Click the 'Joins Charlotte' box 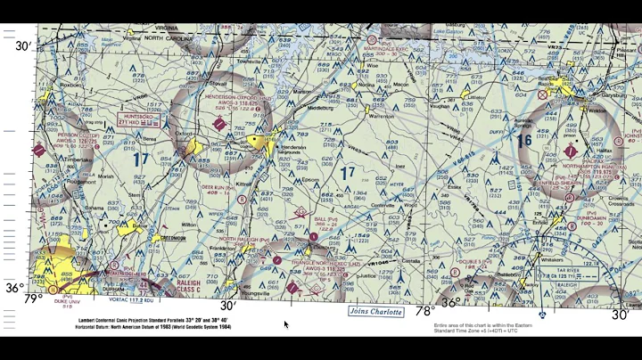(375, 312)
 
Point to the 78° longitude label (425, 312)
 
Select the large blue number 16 (524, 140)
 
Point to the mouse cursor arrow (286, 324)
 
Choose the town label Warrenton (381, 115)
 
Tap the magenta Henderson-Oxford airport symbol (219, 126)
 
